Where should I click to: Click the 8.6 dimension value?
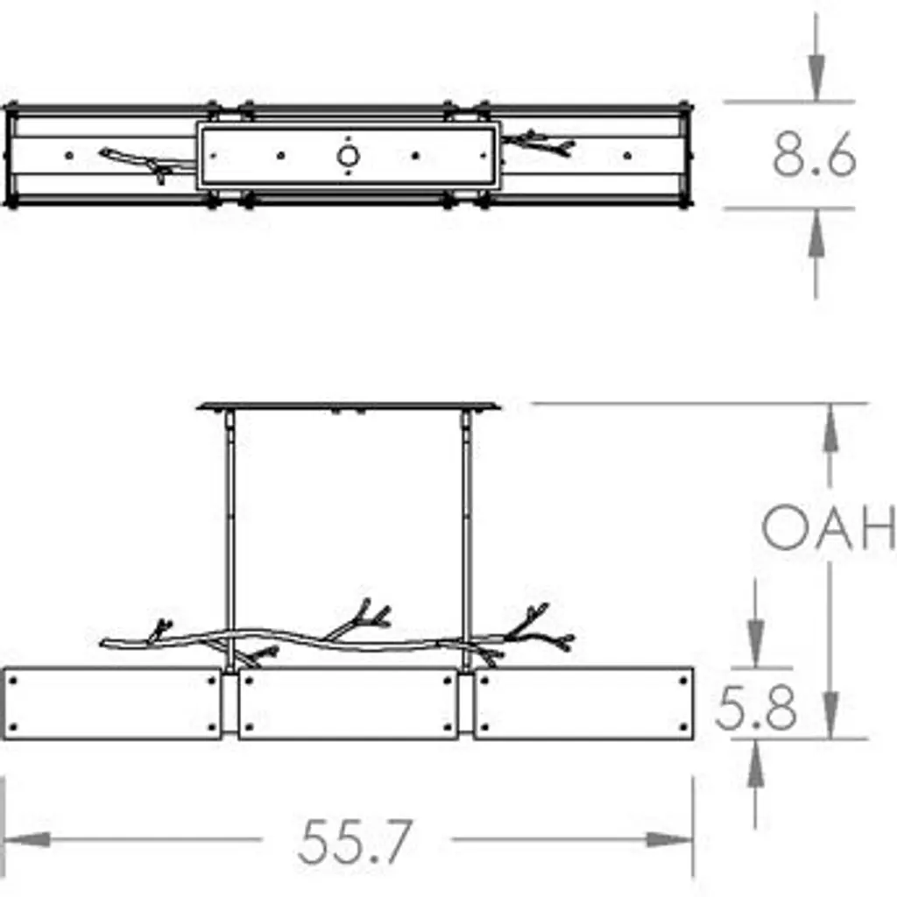pyautogui.click(x=814, y=154)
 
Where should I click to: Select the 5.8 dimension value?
pyautogui.click(x=756, y=708)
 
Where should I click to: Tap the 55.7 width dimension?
pyautogui.click(x=355, y=841)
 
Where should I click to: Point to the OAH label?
pyautogui.click(x=829, y=526)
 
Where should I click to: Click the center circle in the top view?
pyautogui.click(x=348, y=156)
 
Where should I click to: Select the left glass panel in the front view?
pyautogui.click(x=113, y=703)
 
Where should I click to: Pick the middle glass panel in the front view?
pyautogui.click(x=348, y=703)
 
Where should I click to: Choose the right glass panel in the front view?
pyautogui.click(x=584, y=703)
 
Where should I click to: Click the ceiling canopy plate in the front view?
pyautogui.click(x=348, y=406)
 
